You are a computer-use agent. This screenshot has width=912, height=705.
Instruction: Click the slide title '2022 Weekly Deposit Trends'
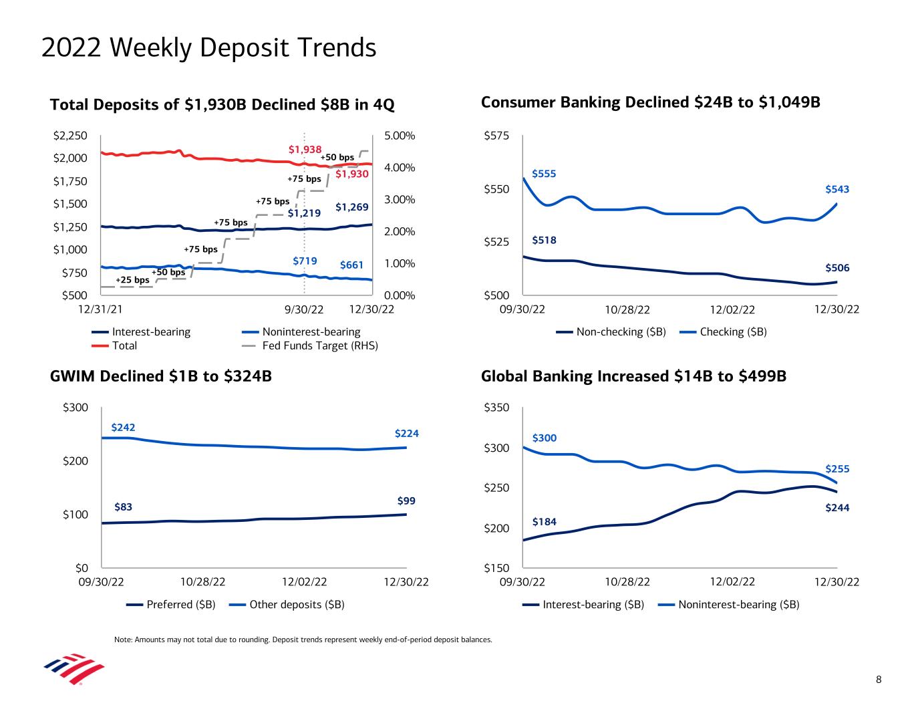pos(208,48)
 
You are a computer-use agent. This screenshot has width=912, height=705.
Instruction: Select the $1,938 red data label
pos(305,149)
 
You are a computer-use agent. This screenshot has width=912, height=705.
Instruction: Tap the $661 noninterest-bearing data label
pos(351,265)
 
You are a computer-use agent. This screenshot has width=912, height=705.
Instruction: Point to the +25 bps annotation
pos(132,280)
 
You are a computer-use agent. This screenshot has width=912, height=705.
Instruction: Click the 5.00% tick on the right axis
pos(400,136)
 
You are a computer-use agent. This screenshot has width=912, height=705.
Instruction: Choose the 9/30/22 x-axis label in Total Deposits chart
pos(304,309)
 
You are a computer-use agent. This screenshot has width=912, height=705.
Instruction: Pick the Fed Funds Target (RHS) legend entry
pos(319,345)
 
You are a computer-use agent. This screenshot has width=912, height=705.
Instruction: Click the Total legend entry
pos(124,345)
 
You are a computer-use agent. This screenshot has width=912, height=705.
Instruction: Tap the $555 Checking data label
pos(544,174)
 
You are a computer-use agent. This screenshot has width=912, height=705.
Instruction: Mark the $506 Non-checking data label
pos(837,268)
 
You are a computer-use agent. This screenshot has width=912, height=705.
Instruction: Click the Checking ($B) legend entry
pos(733,332)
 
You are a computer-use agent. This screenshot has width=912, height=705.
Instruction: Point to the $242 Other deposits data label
pos(123,427)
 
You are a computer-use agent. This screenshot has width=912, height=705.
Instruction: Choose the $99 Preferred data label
pos(406,501)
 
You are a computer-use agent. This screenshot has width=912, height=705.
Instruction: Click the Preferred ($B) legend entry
pos(180,605)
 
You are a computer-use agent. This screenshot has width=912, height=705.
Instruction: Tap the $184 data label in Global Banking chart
pos(544,521)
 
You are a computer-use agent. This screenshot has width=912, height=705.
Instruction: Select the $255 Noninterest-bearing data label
pos(837,469)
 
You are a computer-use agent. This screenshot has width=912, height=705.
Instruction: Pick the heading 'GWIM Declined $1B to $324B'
pos(161,377)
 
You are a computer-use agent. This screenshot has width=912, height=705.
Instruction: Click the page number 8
pos(879,680)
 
